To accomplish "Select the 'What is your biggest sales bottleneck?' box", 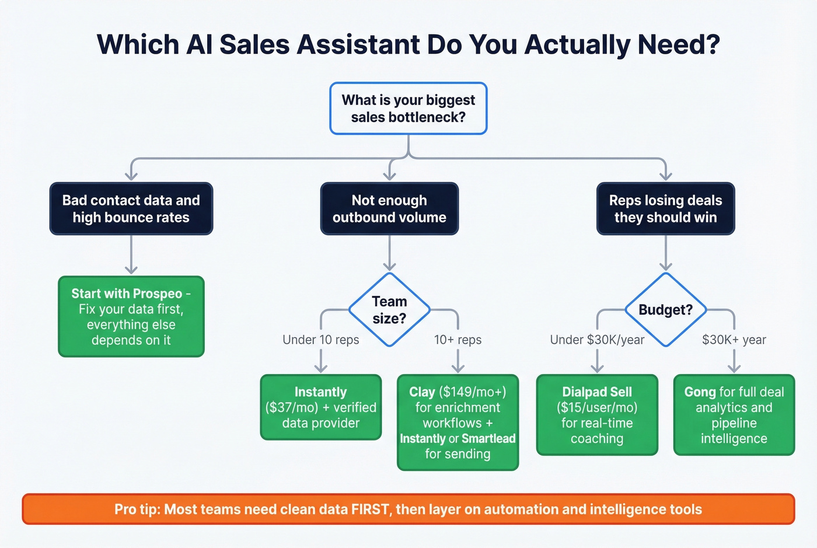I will [x=408, y=109].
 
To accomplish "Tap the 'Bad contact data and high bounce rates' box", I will [x=131, y=209].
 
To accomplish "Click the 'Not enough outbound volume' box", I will [x=389, y=209].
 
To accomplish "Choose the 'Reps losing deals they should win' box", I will [x=665, y=209].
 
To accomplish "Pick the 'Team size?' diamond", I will [x=389, y=310].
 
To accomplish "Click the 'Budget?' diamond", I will [x=665, y=310].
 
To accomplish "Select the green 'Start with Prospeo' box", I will [x=131, y=316].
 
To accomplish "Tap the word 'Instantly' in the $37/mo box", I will [x=320, y=392].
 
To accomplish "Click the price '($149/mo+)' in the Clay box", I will [x=472, y=392].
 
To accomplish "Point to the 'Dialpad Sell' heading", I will [x=597, y=392].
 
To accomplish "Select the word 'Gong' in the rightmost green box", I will [x=700, y=392].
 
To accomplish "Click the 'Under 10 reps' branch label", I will [x=320, y=340].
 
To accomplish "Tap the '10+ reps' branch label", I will [x=458, y=340].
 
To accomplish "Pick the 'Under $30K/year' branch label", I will [x=597, y=340].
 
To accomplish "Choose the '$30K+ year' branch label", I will [x=734, y=340].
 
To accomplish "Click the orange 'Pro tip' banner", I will [x=408, y=509].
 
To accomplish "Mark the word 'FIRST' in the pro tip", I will [x=370, y=509].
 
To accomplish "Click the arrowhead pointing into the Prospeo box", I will [x=131, y=270].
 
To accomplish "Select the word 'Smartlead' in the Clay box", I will [x=488, y=439].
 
